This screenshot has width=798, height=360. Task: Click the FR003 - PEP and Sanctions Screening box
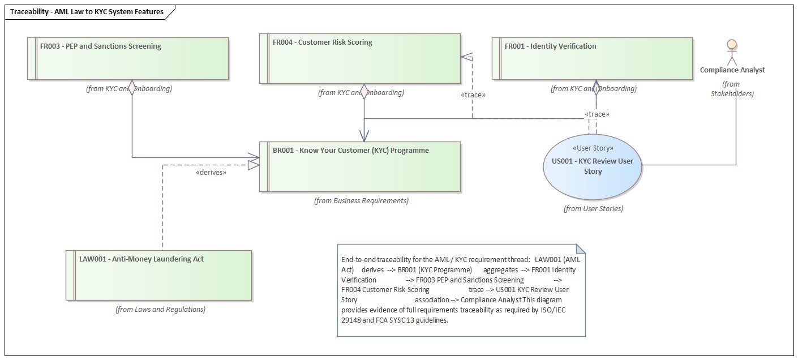click(128, 58)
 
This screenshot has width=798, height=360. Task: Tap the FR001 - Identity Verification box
click(592, 58)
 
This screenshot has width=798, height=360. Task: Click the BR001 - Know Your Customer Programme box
click(360, 166)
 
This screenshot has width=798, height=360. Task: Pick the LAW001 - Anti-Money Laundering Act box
click(157, 275)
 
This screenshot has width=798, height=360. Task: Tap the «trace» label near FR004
click(473, 95)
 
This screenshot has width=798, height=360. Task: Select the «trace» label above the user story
click(598, 114)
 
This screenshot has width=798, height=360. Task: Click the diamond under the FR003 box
click(132, 88)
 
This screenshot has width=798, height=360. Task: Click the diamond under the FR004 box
click(364, 93)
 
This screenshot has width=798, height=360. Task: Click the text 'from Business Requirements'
click(361, 200)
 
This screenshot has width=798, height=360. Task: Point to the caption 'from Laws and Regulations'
click(160, 309)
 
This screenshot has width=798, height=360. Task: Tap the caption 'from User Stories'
click(593, 208)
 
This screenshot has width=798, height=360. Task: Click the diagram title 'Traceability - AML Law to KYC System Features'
click(87, 11)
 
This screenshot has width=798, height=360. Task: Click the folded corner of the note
click(580, 250)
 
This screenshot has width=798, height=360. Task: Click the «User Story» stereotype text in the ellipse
click(593, 148)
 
